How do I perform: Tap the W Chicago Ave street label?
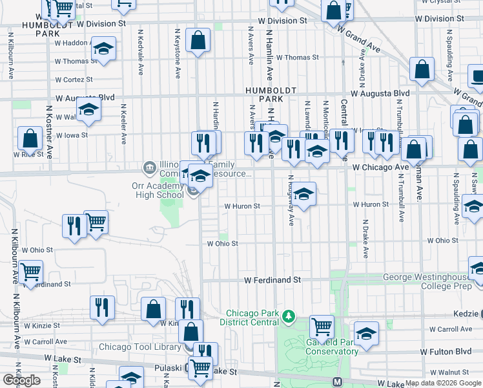tap(380, 167)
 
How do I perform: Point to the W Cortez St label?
tap(74, 80)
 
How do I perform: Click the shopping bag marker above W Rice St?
tap(30, 138)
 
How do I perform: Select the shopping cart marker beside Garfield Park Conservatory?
tap(322, 327)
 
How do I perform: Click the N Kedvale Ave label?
tap(141, 52)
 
